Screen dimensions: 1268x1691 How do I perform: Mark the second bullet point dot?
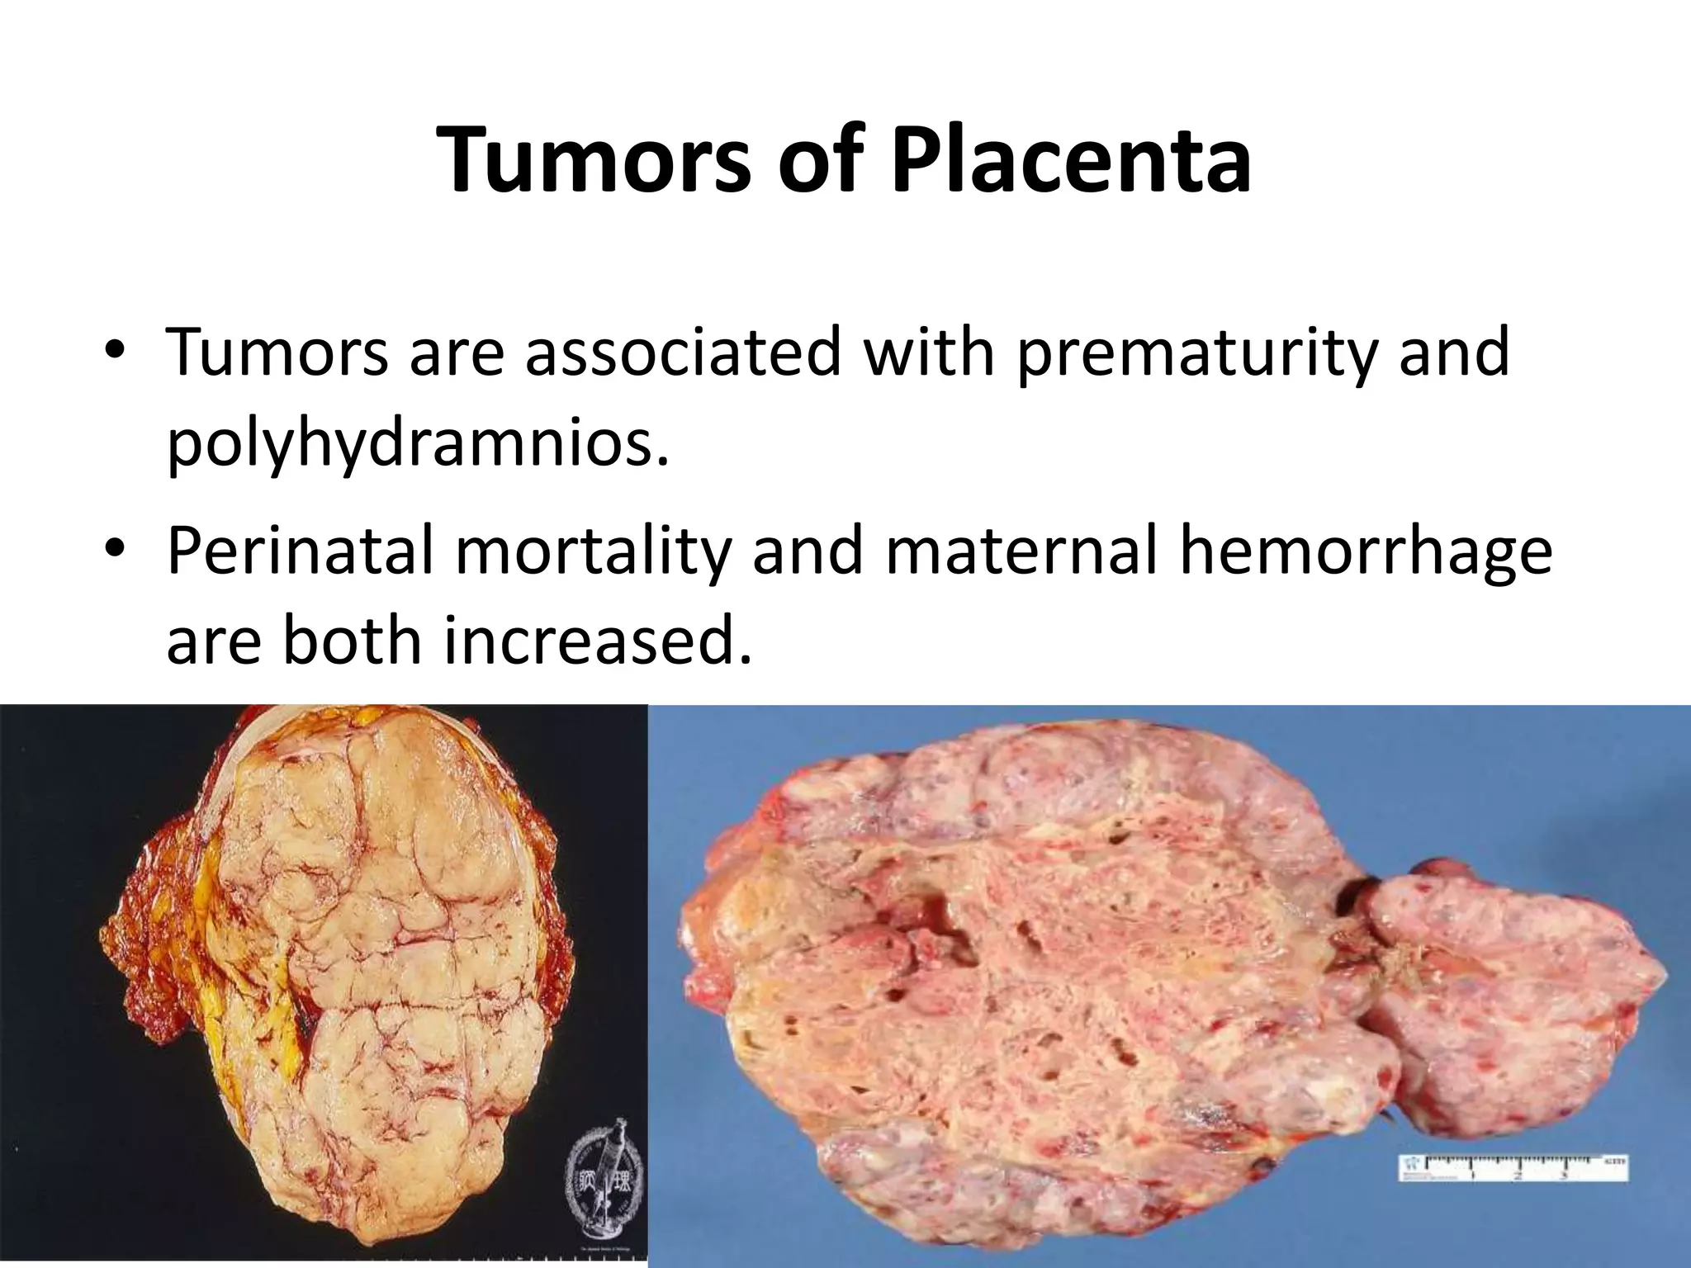click(x=115, y=548)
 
